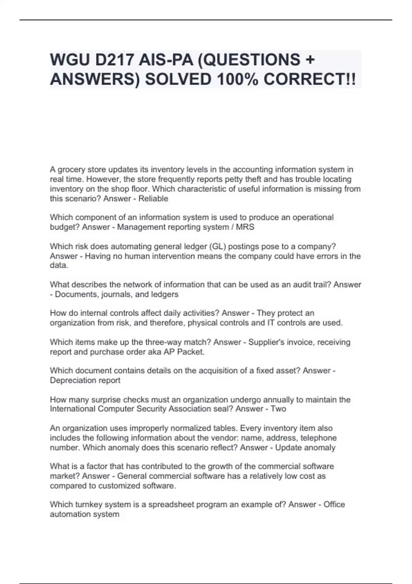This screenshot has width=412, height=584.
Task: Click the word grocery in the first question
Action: pos(71,170)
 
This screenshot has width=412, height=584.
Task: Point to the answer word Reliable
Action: pos(153,199)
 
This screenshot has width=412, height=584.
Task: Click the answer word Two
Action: pos(278,409)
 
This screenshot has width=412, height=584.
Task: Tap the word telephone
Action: pos(319,438)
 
